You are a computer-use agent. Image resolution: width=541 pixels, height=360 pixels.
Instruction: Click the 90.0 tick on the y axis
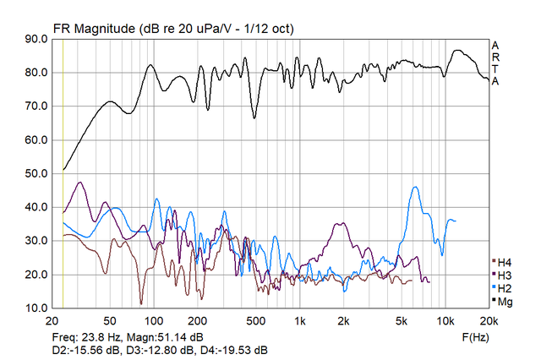[x=35, y=39]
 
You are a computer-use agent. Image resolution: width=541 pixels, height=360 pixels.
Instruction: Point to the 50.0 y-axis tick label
[x=35, y=174]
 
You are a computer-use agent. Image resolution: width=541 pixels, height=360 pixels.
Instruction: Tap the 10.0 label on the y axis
[x=35, y=308]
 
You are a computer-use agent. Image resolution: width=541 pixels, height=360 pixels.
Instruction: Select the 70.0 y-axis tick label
[x=35, y=106]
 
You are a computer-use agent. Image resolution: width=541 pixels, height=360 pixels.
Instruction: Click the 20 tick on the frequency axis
[x=52, y=322]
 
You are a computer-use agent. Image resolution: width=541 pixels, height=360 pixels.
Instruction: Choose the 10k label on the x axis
[x=446, y=322]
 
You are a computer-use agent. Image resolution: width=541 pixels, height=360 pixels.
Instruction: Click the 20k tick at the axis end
[x=489, y=322]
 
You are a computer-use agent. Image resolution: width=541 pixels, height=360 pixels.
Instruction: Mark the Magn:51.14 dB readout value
[x=165, y=337]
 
